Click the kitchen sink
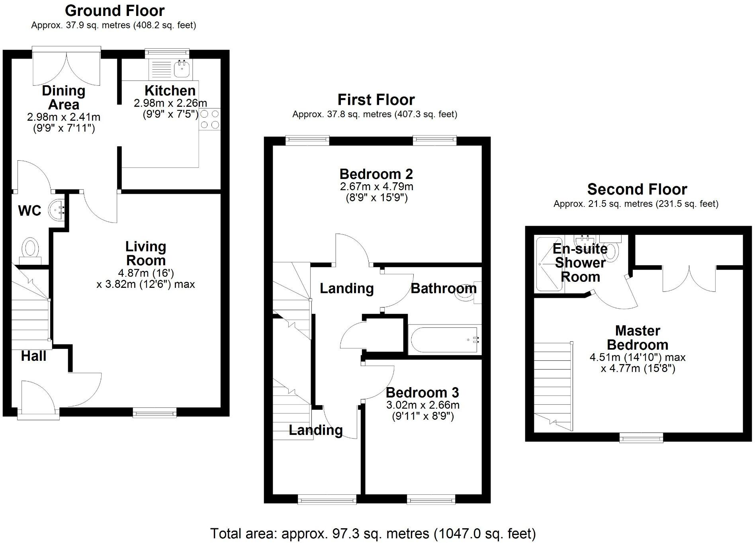182,69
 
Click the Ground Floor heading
115,11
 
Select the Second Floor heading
637,189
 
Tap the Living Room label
146,254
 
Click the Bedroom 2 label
376,174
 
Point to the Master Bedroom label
638,338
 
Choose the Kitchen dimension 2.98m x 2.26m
170,103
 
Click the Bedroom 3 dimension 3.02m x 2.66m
423,405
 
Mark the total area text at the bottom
373,533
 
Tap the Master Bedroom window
641,437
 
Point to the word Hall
33,356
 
